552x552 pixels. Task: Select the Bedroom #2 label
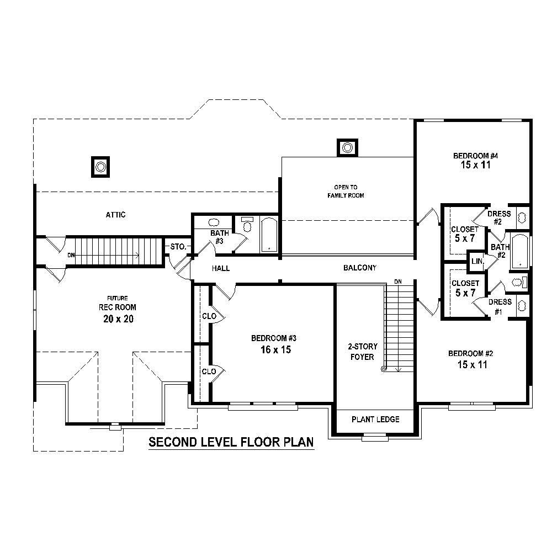click(470, 353)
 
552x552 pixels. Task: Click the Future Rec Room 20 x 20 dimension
click(117, 319)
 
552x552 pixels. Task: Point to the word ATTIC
click(115, 215)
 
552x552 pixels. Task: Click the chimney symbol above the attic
click(100, 166)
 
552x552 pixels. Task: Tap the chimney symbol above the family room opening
click(347, 147)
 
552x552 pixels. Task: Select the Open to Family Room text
click(346, 191)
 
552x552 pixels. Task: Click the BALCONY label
click(360, 268)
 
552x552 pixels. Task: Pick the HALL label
click(221, 268)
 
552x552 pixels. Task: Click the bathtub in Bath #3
click(269, 235)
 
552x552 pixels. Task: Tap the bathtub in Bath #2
click(519, 251)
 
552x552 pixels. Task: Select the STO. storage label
click(178, 246)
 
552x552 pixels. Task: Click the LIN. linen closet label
click(476, 262)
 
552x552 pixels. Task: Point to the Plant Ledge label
click(375, 420)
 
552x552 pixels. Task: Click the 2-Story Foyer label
click(362, 352)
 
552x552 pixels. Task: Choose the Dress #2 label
click(498, 217)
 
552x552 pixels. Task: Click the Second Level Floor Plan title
click(231, 442)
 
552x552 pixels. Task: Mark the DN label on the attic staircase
click(71, 255)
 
